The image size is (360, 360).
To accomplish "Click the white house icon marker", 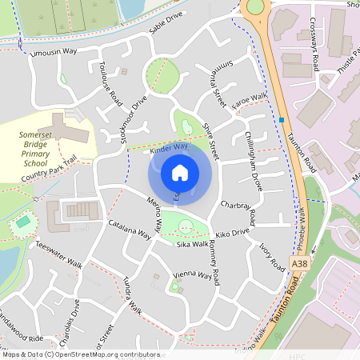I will click(x=180, y=172).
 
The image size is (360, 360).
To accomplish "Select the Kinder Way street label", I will click(x=169, y=148).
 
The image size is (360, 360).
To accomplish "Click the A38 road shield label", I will click(x=300, y=262).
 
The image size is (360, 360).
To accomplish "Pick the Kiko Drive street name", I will click(x=233, y=232).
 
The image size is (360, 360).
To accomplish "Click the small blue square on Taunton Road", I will click(x=282, y=121).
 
